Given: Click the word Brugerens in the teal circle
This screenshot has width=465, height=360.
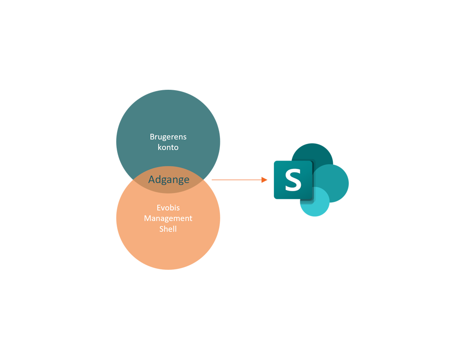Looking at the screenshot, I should (168, 137).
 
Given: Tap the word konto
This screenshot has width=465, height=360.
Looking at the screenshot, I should (168, 147).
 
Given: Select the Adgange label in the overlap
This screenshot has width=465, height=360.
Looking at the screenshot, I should (169, 180).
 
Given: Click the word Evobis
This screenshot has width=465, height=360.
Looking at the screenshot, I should (168, 208).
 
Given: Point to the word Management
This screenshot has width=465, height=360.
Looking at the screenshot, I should (168, 218).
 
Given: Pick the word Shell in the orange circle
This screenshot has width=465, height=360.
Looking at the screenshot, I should (168, 229).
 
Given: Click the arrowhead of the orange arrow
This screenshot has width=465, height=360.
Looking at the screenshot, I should (265, 180).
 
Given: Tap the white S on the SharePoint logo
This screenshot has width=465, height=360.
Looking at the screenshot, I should (293, 180).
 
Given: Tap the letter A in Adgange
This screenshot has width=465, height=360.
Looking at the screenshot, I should (152, 180).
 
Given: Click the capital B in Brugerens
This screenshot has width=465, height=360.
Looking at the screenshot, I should (152, 137).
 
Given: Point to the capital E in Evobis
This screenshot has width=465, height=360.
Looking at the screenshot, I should (159, 208).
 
